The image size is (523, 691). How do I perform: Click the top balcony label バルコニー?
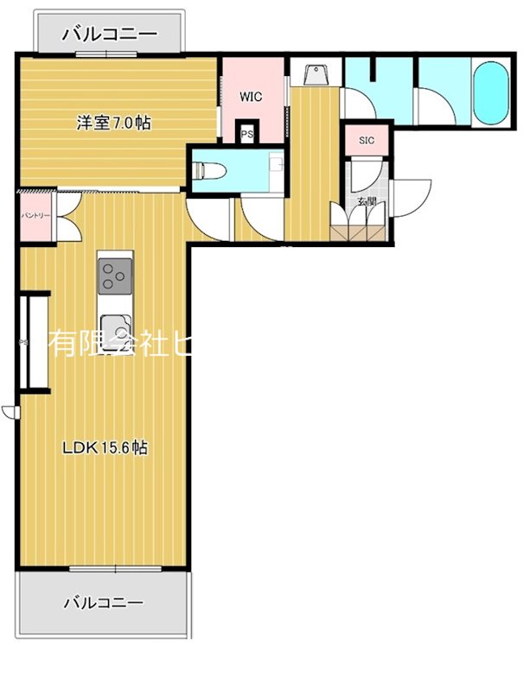(110, 35)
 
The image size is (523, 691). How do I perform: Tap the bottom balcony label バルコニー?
(103, 602)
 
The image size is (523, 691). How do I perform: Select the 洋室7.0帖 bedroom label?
(113, 124)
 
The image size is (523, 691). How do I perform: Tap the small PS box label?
(247, 134)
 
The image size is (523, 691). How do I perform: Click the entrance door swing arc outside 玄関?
(411, 197)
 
